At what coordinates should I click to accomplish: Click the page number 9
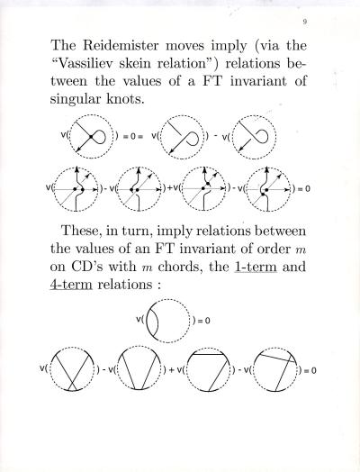[305, 22]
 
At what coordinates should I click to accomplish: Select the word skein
[135, 64]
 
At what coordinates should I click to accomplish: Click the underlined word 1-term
[255, 267]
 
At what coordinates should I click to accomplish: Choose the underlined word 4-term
[71, 284]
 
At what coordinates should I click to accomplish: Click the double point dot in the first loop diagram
[91, 137]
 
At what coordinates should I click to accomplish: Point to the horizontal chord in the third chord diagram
[209, 355]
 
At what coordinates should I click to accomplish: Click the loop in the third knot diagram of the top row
[261, 137]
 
